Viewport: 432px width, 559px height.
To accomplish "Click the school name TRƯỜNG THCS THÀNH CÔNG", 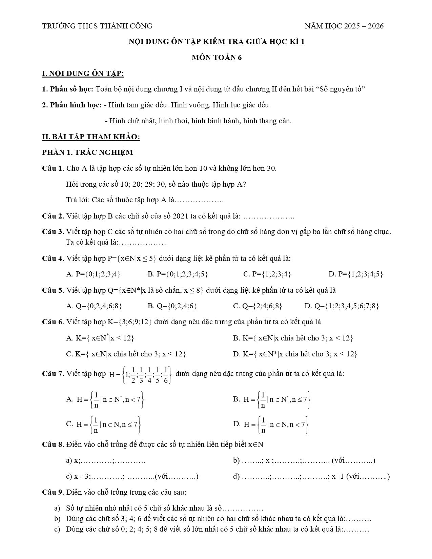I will pos(97,26).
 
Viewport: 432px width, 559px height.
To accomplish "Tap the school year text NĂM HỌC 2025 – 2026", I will pos(344,26).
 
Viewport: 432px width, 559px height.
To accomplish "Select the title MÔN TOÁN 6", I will pos(217,58).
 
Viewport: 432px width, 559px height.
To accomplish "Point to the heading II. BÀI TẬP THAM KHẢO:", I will pos(91,137).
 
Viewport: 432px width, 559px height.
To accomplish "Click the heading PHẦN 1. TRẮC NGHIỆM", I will pos(87,152).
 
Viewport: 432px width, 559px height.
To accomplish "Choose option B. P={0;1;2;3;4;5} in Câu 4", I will pos(178,274).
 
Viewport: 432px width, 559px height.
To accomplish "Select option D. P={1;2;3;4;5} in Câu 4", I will pos(356,274).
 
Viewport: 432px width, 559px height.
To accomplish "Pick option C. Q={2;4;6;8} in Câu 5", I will pos(258,306).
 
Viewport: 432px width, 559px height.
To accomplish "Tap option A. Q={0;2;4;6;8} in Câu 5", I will pos(94,306).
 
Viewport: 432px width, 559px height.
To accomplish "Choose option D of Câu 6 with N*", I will pos(295,354).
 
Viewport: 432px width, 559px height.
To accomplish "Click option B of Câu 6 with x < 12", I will pos(293,338).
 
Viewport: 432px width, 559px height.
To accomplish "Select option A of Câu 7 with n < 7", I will pos(106,400).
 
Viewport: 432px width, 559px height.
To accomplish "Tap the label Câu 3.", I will pos(53,232).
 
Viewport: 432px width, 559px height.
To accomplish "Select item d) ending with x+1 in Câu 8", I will pos(311,476).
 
